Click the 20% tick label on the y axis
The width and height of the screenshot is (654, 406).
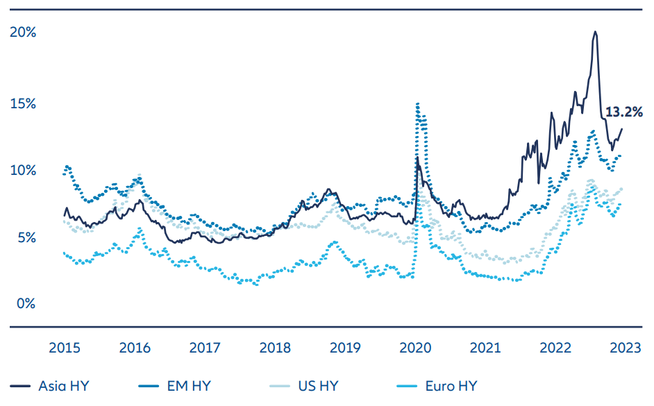(22, 33)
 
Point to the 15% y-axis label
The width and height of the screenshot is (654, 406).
(22, 103)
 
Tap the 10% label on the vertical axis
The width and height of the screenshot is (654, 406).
(22, 170)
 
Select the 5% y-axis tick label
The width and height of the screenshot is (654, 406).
(26, 237)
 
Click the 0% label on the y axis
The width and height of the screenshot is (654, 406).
(26, 304)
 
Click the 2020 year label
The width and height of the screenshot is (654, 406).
(416, 348)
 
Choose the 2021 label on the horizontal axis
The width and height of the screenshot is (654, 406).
(485, 348)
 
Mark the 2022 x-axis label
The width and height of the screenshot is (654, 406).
(555, 348)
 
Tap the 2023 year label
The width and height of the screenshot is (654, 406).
(625, 348)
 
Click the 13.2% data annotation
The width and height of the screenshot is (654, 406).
(624, 111)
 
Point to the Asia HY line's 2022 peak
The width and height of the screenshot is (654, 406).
(595, 31)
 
